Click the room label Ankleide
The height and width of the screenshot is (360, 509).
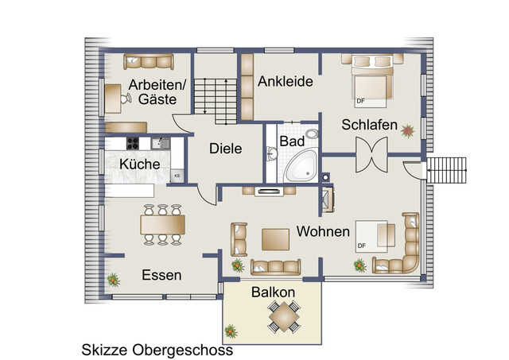(286, 81)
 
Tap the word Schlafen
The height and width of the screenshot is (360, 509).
(368, 125)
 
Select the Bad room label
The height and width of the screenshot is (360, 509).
(289, 141)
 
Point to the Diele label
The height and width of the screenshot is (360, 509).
(225, 148)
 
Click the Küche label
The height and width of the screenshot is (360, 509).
(139, 164)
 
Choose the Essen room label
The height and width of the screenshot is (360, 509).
(161, 275)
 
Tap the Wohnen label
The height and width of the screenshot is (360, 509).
(324, 232)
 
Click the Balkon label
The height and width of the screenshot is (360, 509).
(273, 292)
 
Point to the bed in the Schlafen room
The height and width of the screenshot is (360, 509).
(368, 84)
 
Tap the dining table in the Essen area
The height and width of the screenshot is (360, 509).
(163, 226)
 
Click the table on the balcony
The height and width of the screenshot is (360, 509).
(283, 319)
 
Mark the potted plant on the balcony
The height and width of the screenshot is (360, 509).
(231, 328)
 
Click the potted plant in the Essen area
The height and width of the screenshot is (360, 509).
(113, 279)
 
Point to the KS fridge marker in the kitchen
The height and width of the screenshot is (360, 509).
(177, 176)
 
